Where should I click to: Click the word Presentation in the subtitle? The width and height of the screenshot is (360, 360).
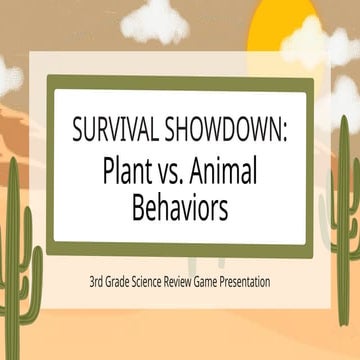tap(258, 282)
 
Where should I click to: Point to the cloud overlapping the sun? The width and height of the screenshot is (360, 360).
tap(318, 45)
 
